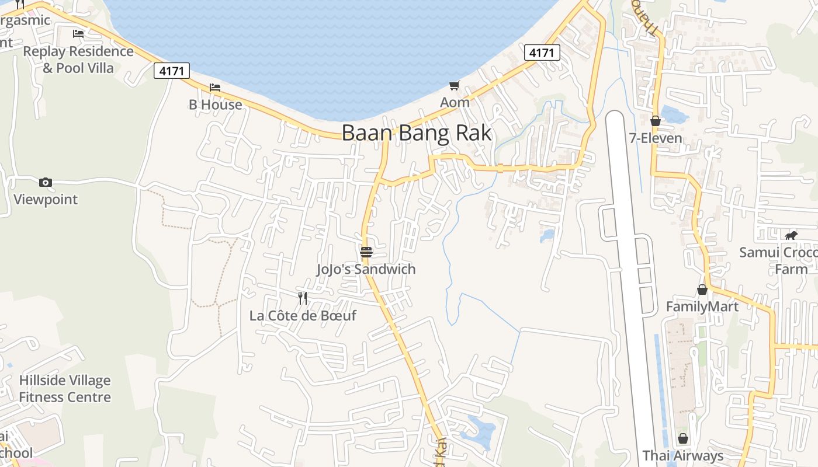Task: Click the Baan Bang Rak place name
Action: pos(416,133)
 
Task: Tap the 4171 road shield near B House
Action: pos(172,71)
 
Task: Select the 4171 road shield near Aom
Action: pos(542,53)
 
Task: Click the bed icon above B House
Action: pos(215,88)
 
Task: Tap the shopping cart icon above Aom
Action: pos(455,86)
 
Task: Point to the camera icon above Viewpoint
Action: pos(46,182)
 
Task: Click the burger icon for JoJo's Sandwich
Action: pos(366,252)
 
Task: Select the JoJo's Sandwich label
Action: pos(366,269)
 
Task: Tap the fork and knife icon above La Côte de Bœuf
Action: pos(303,298)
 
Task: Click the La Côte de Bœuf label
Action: pos(303,316)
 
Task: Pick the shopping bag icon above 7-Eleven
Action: pos(656,121)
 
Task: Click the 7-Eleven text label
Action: pos(656,138)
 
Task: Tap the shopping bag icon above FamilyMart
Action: pos(702,290)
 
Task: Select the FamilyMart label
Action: pos(702,306)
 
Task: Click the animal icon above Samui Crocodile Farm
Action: pos(791,235)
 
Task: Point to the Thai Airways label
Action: pos(683,455)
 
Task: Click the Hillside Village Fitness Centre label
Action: pos(64,389)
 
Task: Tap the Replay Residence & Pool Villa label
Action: pos(78,60)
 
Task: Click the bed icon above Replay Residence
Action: pos(78,33)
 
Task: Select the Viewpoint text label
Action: pos(46,199)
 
